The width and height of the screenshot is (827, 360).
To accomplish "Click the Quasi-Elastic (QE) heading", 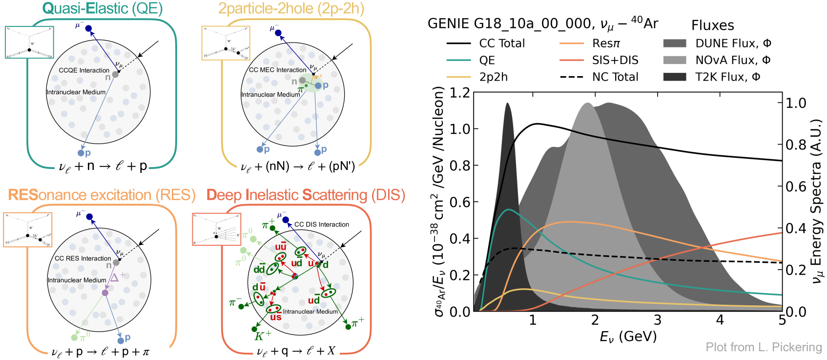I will point(103,8).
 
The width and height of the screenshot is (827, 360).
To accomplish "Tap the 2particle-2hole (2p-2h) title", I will point(291,8).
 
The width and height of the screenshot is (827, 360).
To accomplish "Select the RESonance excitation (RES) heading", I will point(102,195).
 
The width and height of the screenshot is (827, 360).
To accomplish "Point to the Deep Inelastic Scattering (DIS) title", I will point(306,195).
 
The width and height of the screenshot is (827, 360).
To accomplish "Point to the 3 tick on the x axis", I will point(657,320).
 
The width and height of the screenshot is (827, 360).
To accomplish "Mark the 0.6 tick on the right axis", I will point(796,187).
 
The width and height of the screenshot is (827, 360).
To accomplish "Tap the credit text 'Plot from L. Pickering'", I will point(764,347).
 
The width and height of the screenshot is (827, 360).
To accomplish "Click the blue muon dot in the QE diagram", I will point(88,28).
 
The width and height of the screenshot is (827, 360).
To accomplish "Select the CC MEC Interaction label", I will point(277,70).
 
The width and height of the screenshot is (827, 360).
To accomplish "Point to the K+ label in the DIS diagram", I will point(263,336).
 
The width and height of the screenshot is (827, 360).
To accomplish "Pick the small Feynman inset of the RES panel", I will point(27,230).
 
